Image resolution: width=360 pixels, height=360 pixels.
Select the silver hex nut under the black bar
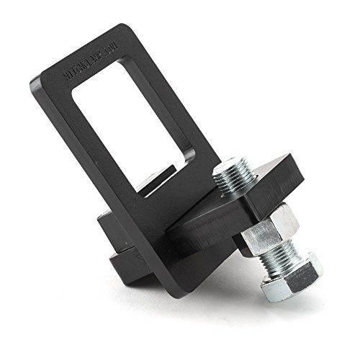[269, 229]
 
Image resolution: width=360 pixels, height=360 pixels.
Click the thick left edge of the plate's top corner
[36, 90]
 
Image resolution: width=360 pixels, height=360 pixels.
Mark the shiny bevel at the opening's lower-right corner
[189, 160]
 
